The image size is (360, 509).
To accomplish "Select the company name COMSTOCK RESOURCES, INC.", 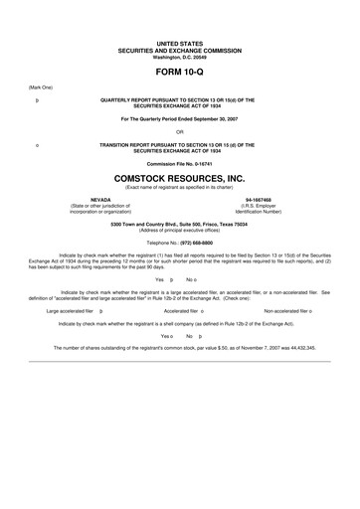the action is point(179,177).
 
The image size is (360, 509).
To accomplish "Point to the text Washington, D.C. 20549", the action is point(179,57).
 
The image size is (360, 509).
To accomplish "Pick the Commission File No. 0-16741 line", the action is point(179,163).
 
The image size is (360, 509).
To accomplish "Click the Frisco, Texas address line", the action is point(179,223).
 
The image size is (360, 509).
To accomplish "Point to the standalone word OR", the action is point(179,131).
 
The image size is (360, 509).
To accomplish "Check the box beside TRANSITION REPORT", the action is point(37,144).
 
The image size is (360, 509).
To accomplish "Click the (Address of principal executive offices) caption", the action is point(179,229).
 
